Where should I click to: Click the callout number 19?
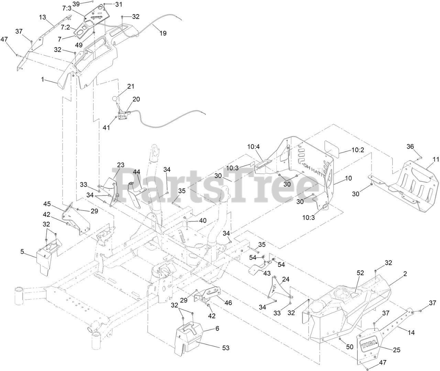[163, 33]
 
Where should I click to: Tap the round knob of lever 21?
[115, 99]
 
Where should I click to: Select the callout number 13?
[42, 17]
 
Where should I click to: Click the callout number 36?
[410, 146]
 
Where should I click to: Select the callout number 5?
[22, 251]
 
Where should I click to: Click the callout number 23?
[120, 165]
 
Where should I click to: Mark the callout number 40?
[203, 220]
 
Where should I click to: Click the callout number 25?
[397, 350]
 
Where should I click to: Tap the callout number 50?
[350, 347]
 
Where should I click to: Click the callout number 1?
[43, 80]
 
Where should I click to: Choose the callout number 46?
[228, 303]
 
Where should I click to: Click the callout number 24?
[286, 279]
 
